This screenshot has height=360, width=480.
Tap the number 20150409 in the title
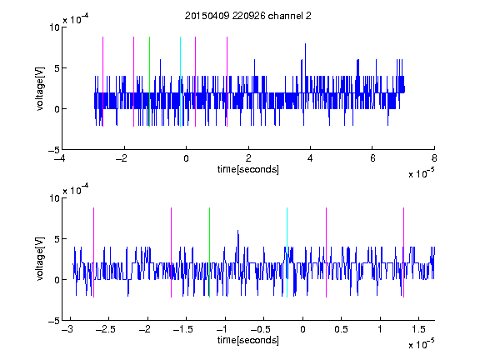coord(207,16)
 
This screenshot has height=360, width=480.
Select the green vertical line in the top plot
coord(149,82)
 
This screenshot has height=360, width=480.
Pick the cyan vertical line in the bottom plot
coord(287,252)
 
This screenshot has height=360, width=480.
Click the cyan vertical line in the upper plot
coord(180,82)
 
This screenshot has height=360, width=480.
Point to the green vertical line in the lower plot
coord(209,252)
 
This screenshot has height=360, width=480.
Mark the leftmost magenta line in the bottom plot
coord(93,252)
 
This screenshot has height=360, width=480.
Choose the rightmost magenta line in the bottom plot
coord(403,252)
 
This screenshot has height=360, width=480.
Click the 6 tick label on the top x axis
coord(372,158)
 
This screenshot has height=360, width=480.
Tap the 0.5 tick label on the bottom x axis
coord(341,329)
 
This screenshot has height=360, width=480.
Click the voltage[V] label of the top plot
coord(40,88)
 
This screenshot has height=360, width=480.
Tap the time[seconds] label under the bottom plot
coord(248,340)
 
